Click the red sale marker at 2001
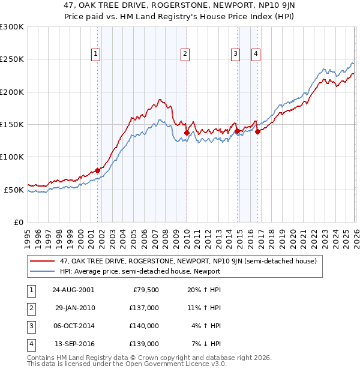[x=98, y=170]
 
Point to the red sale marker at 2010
[x=187, y=133]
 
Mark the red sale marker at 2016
[x=257, y=131]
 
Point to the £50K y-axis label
[x=14, y=190]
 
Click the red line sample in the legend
[x=43, y=261]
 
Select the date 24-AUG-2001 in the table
[x=73, y=290]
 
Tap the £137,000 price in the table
[x=145, y=307]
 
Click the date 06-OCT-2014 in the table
[x=74, y=326]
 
